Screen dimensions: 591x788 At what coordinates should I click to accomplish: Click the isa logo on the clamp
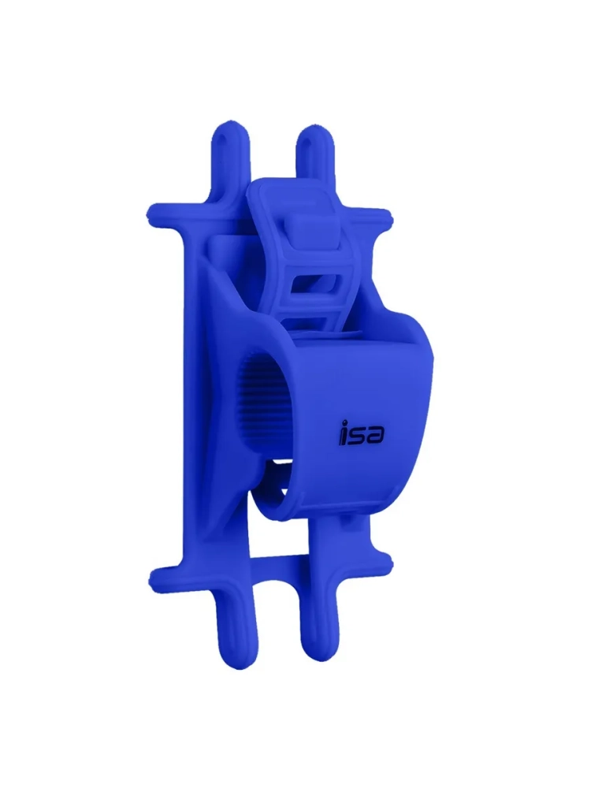tap(360, 433)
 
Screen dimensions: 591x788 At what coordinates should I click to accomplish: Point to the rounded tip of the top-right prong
tap(314, 132)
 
